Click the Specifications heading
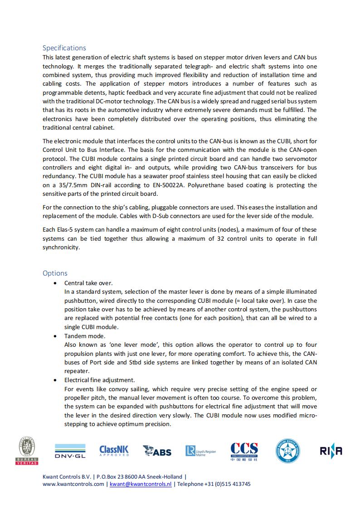coord(64,48)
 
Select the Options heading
coord(55,273)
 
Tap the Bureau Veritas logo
coord(27,451)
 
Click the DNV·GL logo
coord(70,451)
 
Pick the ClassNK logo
coord(114,451)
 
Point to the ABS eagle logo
coord(157,451)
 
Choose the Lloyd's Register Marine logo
coord(200,451)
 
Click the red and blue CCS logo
coord(244,451)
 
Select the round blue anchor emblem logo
coord(287,451)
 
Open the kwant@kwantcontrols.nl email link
coord(141,484)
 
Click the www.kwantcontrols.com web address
coord(73,484)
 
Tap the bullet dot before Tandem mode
coord(55,336)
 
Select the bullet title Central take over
coord(88,283)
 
